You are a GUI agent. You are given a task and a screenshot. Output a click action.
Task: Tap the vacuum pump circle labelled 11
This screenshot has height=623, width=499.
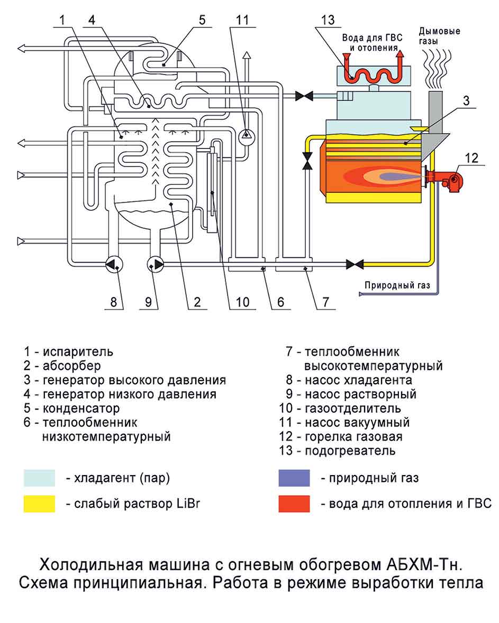click(246, 136)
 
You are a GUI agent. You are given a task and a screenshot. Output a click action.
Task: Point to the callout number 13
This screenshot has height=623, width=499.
click(328, 21)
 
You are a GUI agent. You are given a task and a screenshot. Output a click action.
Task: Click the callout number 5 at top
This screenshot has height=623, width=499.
click(202, 21)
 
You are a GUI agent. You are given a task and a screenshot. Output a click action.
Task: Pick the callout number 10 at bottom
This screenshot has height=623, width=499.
click(242, 302)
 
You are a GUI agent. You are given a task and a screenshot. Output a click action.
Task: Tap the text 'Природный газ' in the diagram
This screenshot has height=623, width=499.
click(397, 286)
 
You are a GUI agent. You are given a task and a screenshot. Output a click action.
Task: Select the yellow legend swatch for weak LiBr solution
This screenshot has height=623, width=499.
click(39, 504)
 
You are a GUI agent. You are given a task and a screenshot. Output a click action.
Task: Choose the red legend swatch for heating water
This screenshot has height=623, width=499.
click(294, 504)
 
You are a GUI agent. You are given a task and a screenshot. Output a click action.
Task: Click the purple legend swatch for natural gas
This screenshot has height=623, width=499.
click(294, 478)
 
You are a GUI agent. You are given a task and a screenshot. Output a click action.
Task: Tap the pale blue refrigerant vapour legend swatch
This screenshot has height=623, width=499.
click(39, 478)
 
